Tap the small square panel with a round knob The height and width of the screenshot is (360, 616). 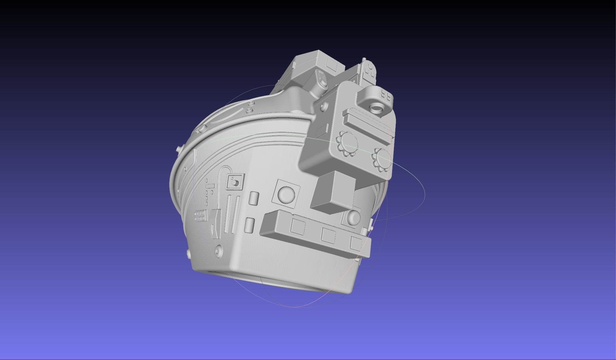pyautogui.click(x=235, y=182)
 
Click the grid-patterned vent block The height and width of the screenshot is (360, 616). pyautogui.click(x=200, y=216)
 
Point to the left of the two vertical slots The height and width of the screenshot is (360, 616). pyautogui.click(x=228, y=213)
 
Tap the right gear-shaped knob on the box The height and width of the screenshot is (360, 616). pyautogui.click(x=382, y=160)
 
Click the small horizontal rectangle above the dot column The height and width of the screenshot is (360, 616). pyautogui.click(x=210, y=186)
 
